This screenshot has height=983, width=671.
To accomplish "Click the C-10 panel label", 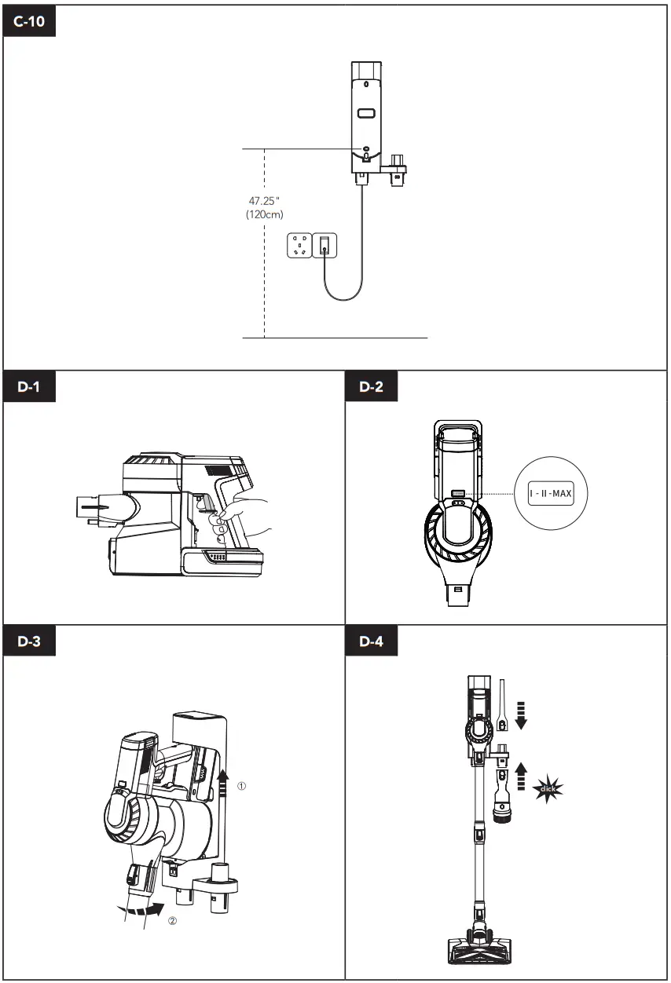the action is coord(31,22).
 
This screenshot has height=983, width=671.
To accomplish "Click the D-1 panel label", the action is coord(31,388).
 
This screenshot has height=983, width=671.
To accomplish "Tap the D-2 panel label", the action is coord(372,388).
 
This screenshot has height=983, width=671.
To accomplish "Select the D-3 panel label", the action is coord(31,641).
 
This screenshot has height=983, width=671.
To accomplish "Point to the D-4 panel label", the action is coord(372,641).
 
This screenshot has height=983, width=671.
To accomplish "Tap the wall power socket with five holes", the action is coord(299,245).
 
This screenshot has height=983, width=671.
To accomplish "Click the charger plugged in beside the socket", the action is coord(324,245).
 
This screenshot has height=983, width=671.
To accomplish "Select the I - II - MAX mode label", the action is coord(550,494).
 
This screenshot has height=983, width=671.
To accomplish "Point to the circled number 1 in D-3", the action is coord(242,785).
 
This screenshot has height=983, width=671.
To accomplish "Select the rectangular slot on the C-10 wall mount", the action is coord(366,114).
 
